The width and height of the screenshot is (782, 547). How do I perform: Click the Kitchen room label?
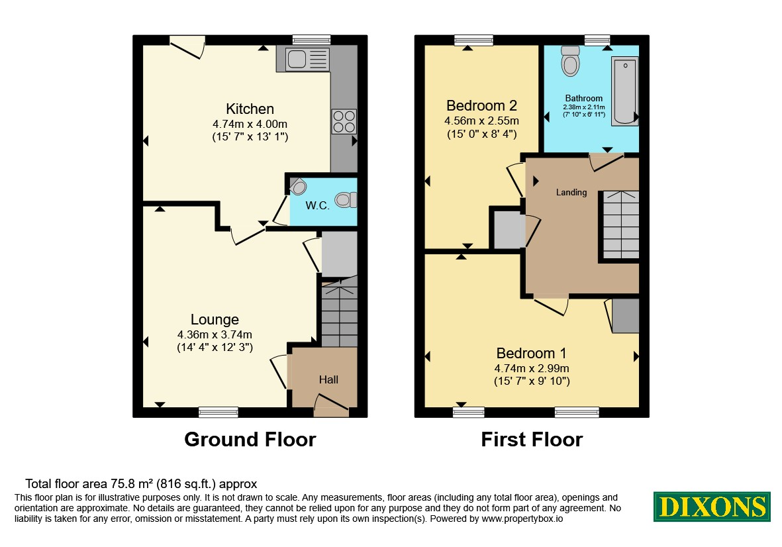(250, 109)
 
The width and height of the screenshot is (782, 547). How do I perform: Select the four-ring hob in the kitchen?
(344, 121)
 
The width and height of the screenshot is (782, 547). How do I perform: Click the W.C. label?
(317, 205)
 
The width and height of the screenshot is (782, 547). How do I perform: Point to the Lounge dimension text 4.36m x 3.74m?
(215, 334)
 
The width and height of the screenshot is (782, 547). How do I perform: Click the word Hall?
(328, 379)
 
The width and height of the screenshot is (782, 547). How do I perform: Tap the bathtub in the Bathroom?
(625, 91)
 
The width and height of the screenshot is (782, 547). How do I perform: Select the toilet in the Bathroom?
(571, 60)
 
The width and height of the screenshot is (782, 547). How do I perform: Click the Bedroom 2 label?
(481, 106)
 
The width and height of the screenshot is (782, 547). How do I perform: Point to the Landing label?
(571, 192)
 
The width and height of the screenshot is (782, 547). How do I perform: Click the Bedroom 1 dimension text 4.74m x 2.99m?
(532, 368)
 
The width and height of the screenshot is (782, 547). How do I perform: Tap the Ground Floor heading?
(250, 439)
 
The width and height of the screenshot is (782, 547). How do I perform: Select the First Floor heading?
(532, 439)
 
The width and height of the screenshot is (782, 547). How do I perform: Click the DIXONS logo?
(712, 507)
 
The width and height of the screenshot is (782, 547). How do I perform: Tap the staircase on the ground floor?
(339, 312)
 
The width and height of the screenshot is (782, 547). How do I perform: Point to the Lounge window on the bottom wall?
(219, 412)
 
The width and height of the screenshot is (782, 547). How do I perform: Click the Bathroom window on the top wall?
(597, 40)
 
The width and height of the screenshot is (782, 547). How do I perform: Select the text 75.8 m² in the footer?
(131, 483)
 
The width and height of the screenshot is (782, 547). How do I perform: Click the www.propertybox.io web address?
(522, 519)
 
